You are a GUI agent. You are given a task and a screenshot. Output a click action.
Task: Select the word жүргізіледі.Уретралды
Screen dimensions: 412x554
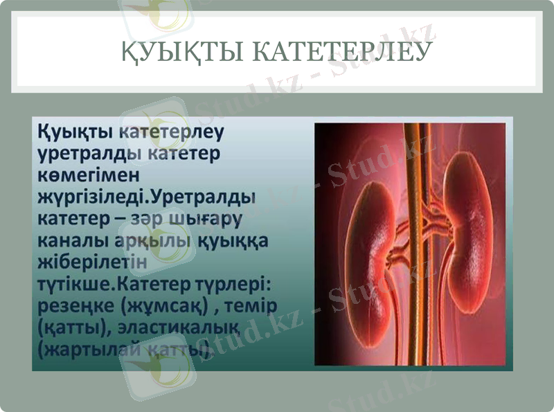click(146, 197)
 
